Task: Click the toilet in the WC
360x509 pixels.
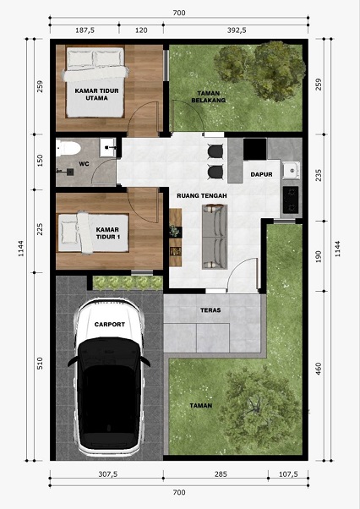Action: (68, 149)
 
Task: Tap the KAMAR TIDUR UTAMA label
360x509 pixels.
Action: (96, 94)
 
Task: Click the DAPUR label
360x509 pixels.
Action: (261, 174)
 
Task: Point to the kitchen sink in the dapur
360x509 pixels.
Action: (291, 170)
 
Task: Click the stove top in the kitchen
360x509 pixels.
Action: (291, 200)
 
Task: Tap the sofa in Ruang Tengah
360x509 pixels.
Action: (215, 237)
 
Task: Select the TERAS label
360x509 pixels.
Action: (210, 310)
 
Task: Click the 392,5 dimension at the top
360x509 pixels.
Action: (237, 30)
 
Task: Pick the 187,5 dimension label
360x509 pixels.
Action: (85, 30)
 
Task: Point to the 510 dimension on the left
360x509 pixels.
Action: (40, 364)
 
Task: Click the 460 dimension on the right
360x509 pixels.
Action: (319, 369)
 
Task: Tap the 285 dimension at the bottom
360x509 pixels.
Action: (221, 474)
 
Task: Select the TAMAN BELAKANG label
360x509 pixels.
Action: (208, 96)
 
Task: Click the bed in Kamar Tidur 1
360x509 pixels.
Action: (93, 233)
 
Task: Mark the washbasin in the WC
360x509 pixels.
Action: (107, 147)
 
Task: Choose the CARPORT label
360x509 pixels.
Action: (110, 325)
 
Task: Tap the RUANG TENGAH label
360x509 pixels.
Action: (202, 196)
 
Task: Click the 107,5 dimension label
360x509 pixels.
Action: (288, 474)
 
